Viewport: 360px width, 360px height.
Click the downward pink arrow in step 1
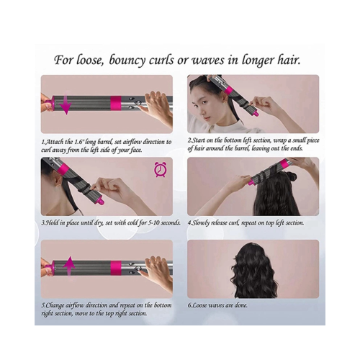(x=66, y=104)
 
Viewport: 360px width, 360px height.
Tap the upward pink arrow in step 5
(x=69, y=266)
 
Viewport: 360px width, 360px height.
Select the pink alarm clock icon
(x=158, y=169)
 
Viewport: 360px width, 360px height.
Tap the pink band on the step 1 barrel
(x=116, y=102)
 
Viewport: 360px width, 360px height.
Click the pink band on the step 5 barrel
(x=116, y=268)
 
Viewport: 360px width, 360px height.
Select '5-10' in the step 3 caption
(x=153, y=222)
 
